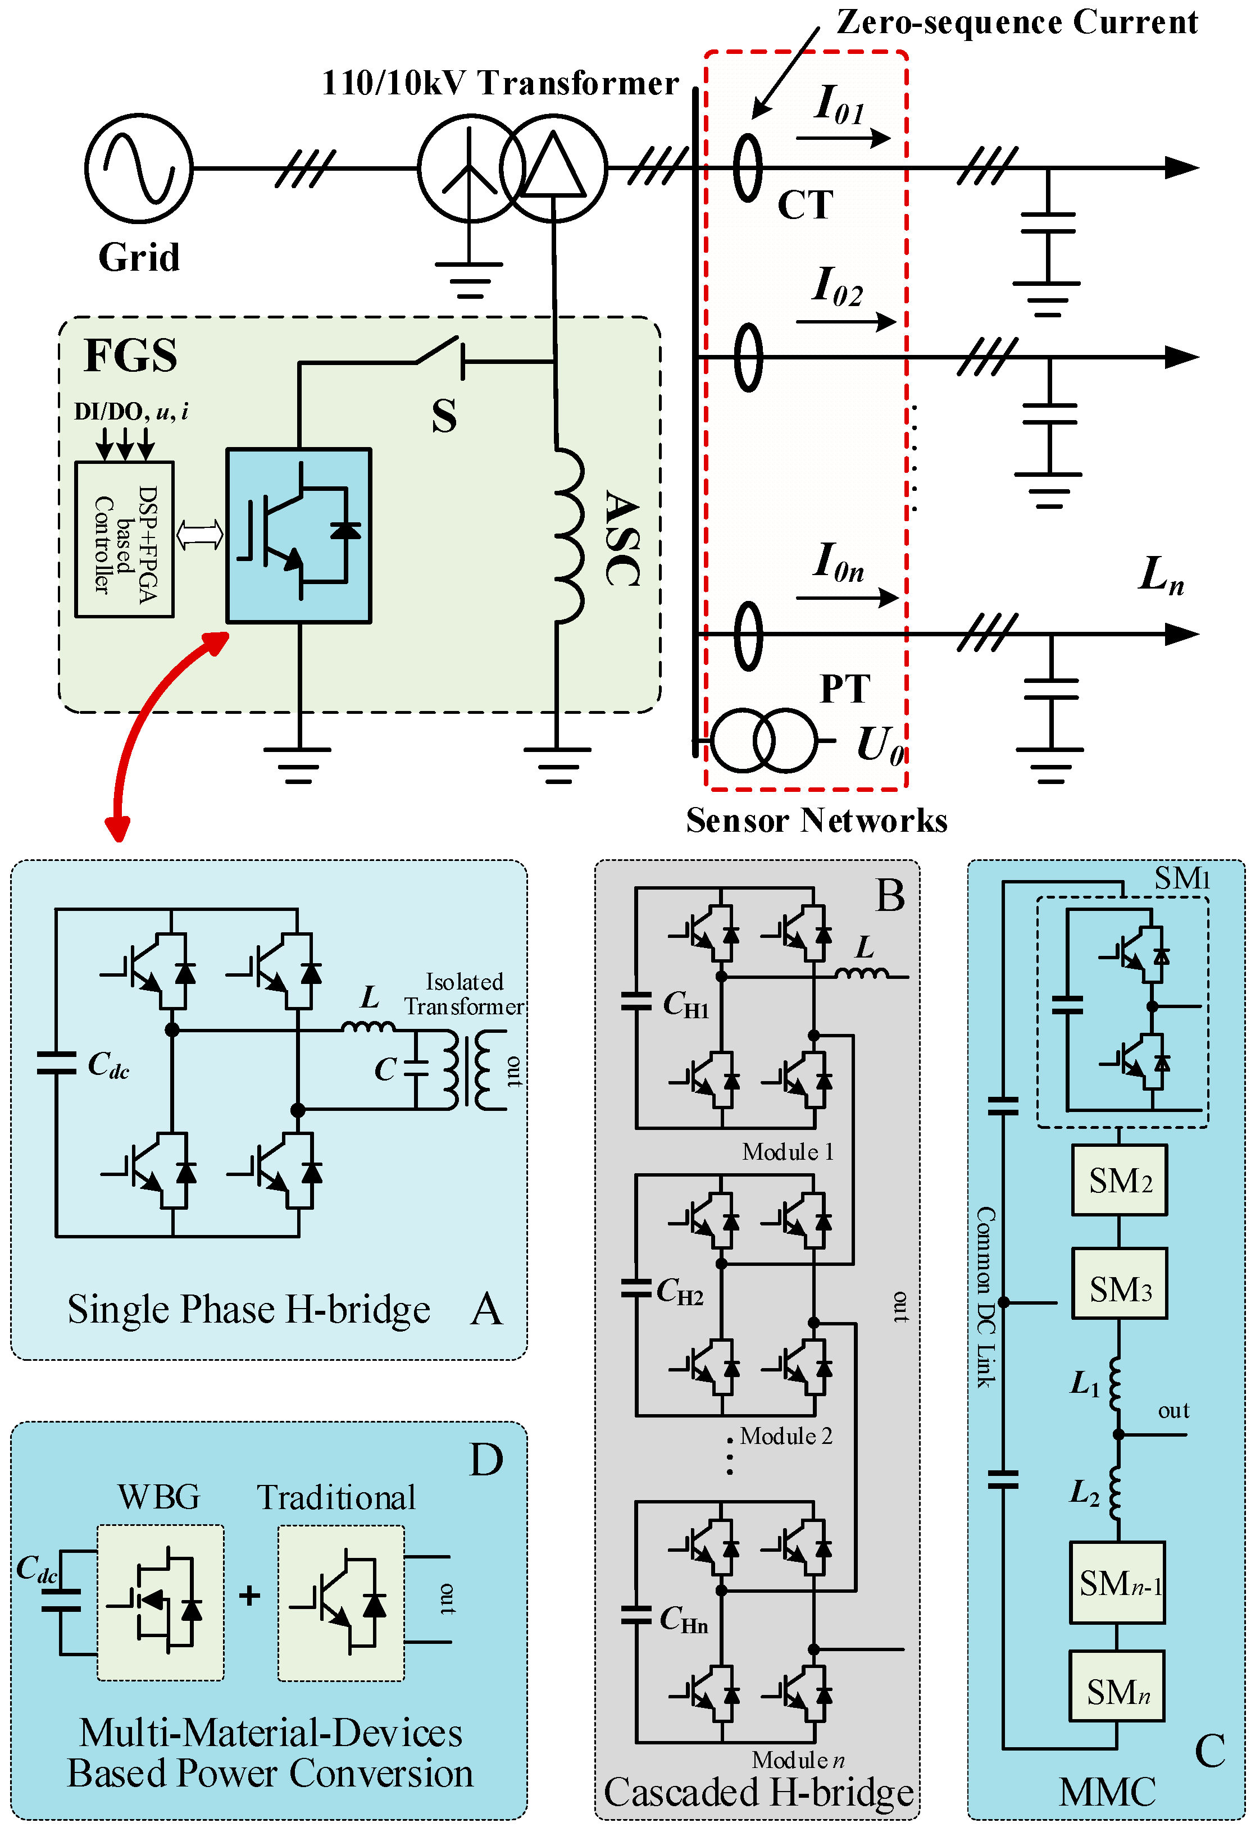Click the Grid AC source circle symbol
138,167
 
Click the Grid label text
139,257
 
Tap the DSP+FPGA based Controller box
124,539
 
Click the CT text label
804,205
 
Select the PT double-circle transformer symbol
763,740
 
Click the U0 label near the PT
879,744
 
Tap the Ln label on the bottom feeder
1161,575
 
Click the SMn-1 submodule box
1117,1583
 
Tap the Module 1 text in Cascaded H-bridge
787,1152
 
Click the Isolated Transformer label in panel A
464,994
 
